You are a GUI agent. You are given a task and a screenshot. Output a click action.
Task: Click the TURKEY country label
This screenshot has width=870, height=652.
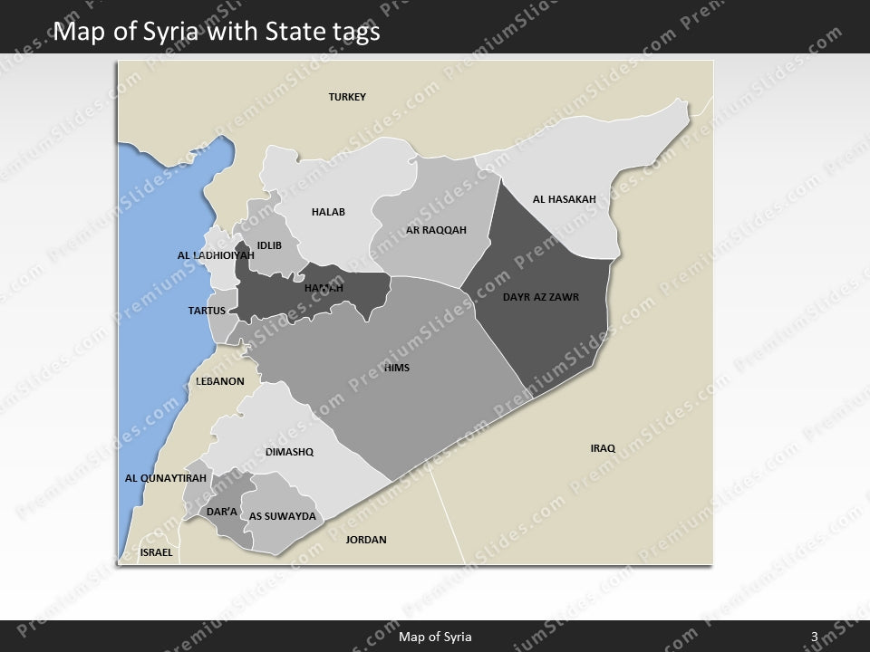coord(347,97)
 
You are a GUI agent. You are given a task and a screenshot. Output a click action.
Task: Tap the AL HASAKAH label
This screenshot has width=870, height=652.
coord(564,199)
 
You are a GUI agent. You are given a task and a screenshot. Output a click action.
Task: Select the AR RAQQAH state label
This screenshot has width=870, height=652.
coord(436,230)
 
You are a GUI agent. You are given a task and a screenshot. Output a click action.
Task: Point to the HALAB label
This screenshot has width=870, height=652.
coord(328,212)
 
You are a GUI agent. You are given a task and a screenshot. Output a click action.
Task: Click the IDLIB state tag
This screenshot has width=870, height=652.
coord(269,245)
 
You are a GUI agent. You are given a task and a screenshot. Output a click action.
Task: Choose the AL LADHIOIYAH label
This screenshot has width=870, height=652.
coord(216,255)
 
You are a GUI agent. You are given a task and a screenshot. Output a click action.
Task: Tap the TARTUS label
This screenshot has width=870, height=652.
coord(207,311)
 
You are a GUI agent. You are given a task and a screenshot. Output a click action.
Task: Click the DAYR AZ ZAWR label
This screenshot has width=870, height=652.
coord(540,296)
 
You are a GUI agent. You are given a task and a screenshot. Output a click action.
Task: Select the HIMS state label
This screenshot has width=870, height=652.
coord(397,368)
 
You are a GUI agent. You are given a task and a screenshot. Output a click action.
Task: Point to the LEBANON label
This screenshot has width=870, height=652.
coord(220,381)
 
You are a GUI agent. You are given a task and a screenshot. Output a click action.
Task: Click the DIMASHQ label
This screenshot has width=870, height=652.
coord(289,452)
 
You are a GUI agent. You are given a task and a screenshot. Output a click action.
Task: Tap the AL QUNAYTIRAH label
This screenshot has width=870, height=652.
coord(166,478)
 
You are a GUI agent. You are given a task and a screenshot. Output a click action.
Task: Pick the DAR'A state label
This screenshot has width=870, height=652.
coord(222,513)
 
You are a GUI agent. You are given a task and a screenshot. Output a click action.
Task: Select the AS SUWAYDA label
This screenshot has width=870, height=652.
coord(282,516)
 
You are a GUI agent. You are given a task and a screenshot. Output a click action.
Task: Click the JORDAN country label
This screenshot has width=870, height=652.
coord(366,540)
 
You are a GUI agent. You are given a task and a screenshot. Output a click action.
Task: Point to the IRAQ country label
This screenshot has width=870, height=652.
coord(603,448)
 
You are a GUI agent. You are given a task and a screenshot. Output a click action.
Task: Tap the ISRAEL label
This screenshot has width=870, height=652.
coord(156,551)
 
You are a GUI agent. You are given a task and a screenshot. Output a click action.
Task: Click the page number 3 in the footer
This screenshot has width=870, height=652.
coord(815,637)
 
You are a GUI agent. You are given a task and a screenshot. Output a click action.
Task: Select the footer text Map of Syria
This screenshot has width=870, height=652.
coord(435,637)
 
